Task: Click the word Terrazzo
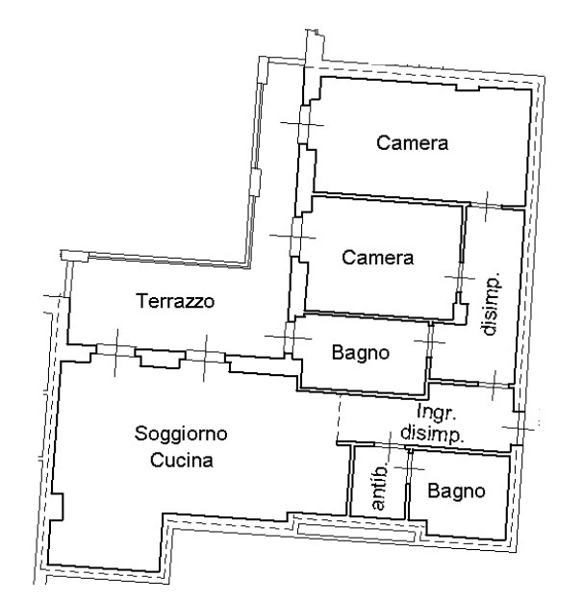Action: pyautogui.click(x=174, y=301)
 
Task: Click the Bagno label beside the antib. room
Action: pyautogui.click(x=456, y=491)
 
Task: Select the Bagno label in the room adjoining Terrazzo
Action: pyautogui.click(x=360, y=353)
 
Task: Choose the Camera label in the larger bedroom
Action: pyautogui.click(x=412, y=144)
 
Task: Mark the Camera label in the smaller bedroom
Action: pyautogui.click(x=378, y=257)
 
